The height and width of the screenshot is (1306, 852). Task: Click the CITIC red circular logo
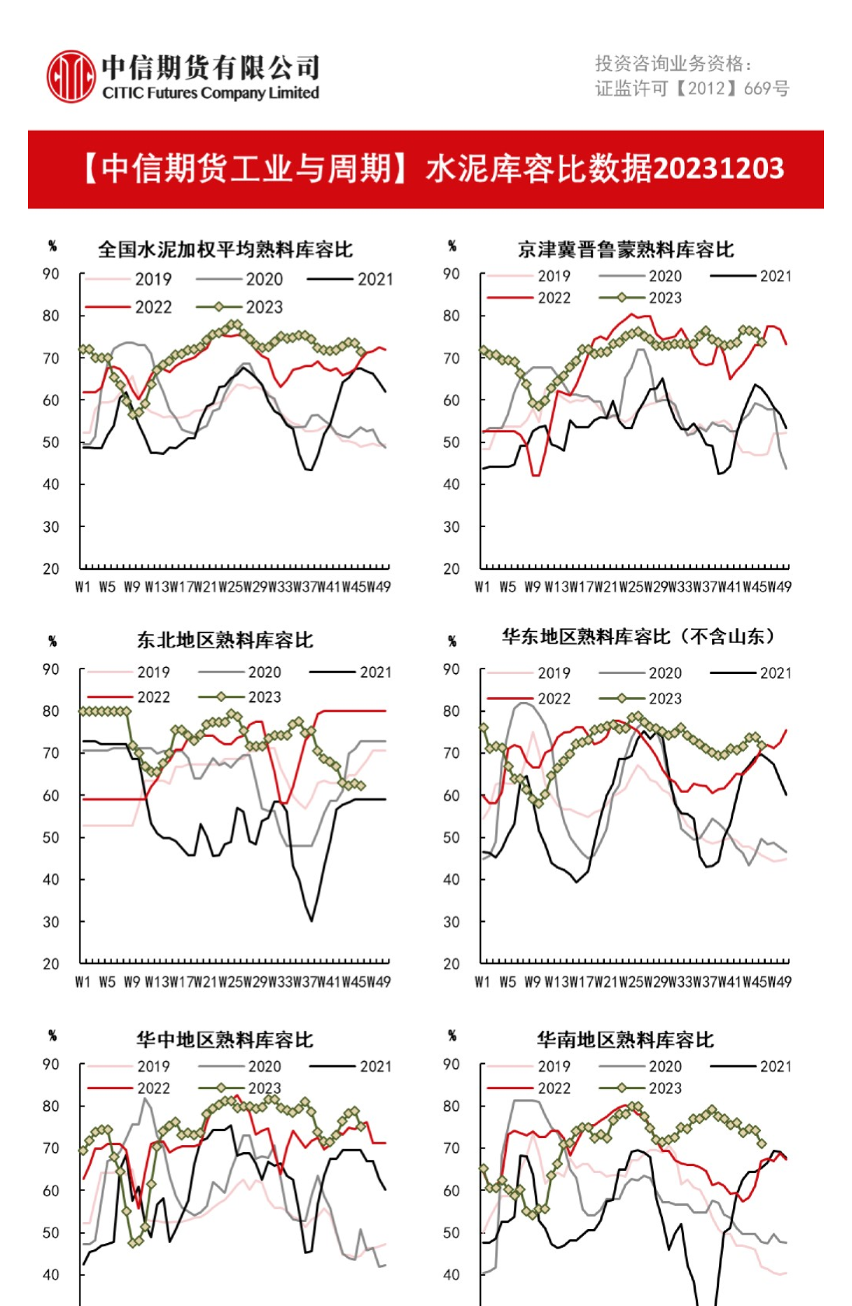71,76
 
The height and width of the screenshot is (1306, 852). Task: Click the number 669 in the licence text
757,89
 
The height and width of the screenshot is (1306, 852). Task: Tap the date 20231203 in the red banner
718,169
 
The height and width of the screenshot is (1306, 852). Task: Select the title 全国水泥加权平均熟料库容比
225,250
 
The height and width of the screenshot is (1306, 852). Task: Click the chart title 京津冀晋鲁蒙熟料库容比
626,250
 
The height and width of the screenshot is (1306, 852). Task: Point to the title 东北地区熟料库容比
225,641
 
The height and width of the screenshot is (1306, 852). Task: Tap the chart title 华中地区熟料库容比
225,1040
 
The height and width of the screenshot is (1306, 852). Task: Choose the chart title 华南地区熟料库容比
625,1040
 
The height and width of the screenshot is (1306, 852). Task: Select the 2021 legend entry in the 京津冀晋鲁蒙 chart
774,276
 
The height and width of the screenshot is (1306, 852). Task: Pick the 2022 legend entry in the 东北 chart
152,697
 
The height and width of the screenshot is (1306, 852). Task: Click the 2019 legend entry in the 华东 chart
553,673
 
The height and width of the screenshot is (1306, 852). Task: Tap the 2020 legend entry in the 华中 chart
264,1067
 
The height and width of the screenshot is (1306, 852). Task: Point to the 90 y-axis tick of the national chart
51,274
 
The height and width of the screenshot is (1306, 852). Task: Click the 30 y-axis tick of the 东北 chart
51,922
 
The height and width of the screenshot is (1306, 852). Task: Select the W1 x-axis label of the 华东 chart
483,982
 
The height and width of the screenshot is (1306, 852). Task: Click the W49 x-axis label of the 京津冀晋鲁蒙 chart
780,587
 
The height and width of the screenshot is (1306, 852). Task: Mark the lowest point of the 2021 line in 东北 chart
312,921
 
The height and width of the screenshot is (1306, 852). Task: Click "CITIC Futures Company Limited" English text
211,93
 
